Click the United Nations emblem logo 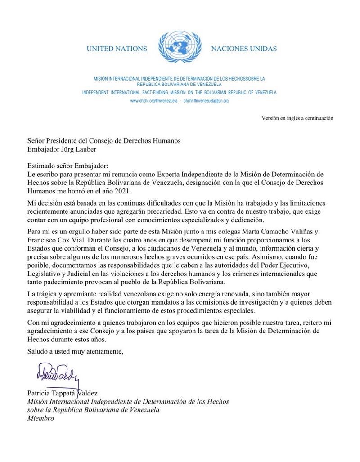tap(179, 47)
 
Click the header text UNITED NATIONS tap(117, 49)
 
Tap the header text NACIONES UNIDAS tap(243, 49)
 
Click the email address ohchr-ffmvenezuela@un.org tap(206, 101)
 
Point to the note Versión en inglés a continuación tap(297, 118)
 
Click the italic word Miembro tap(40, 418)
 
